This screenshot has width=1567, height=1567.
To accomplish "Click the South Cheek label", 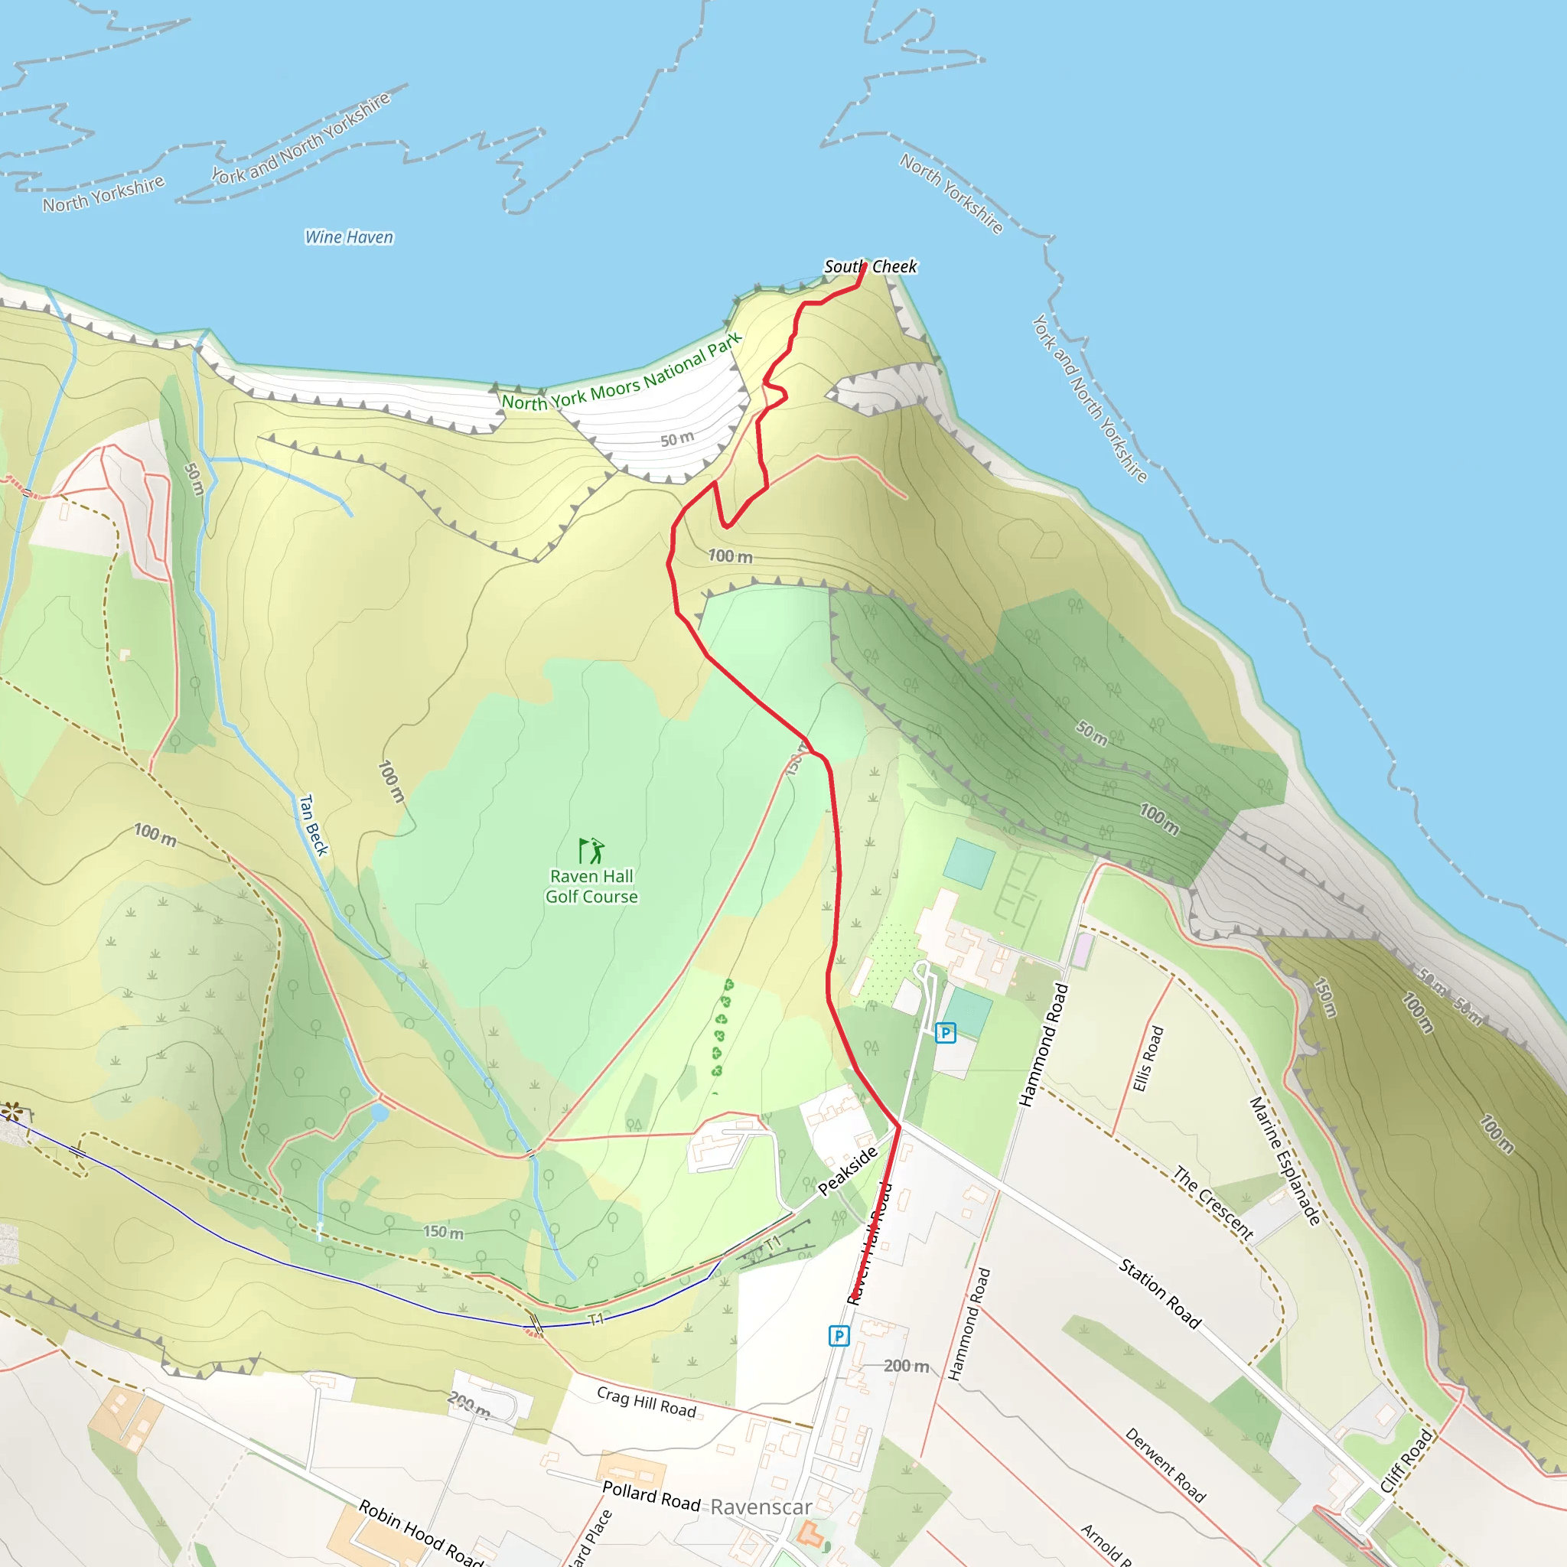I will pos(870,267).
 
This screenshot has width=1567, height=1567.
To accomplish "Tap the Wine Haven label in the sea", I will pos(349,238).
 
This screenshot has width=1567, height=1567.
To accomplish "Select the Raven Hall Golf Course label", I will pos(591,887).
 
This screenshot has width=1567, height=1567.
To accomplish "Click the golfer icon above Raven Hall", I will pos(591,851).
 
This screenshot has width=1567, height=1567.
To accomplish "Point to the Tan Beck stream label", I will pos(313,826).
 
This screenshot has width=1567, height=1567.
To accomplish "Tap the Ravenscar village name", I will pos(761,1507).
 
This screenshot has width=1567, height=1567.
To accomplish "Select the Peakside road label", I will pos(848,1171).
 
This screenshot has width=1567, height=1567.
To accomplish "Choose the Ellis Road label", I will pos(1148,1059).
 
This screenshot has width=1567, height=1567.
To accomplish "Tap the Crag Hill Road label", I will pos(647,1402).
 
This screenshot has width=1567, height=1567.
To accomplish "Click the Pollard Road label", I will pos(651,1497).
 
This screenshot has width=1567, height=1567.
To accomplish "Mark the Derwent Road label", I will pos(1165,1464).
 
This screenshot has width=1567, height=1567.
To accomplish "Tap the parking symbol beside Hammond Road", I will pos(946,1032).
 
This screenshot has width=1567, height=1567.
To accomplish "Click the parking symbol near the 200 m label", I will pos(839,1336).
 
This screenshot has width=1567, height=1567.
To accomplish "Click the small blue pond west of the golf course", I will pos(379,1113).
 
